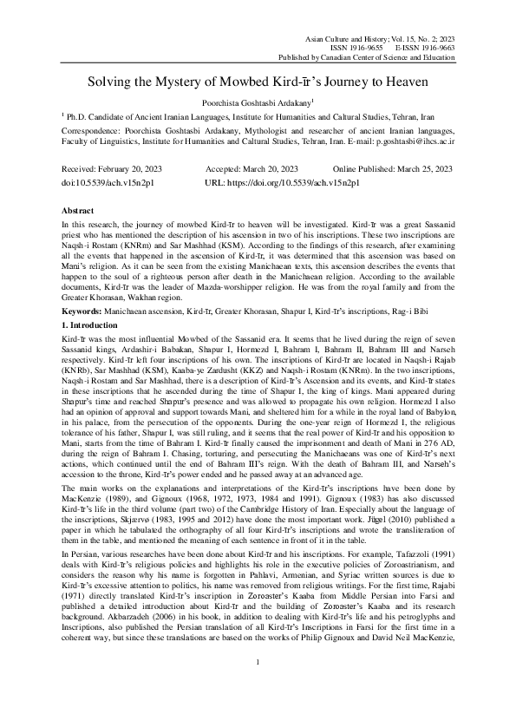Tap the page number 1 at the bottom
pos(258,665)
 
